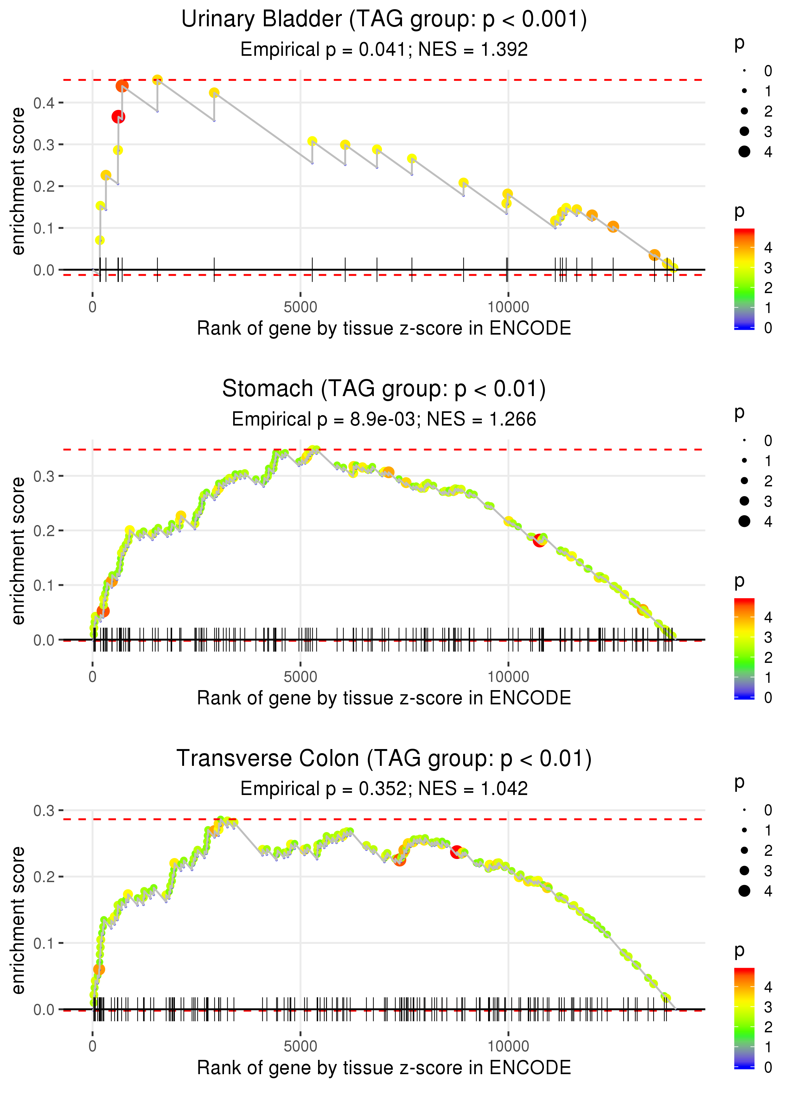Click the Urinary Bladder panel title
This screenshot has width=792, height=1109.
pos(384,20)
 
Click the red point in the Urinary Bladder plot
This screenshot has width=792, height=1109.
pos(118,117)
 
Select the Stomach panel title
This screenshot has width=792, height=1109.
pos(384,389)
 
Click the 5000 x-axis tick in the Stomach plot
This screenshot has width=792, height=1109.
pos(300,676)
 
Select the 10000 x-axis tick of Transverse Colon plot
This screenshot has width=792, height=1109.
pos(508,1046)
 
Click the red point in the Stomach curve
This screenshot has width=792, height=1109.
pos(539,540)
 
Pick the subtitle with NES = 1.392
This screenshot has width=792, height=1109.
pos(384,50)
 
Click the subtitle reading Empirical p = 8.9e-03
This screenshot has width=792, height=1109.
pos(384,420)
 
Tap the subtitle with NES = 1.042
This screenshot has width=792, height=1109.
pos(384,789)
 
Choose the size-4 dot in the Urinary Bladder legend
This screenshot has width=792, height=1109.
pos(744,152)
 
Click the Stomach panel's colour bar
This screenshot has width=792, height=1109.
pos(744,649)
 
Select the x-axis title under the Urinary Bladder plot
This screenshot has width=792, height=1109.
pos(384,328)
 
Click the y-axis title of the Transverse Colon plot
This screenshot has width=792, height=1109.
pos(18,920)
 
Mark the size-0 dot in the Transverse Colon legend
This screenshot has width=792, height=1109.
pos(744,810)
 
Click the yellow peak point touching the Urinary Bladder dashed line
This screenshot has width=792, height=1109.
pos(157,80)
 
